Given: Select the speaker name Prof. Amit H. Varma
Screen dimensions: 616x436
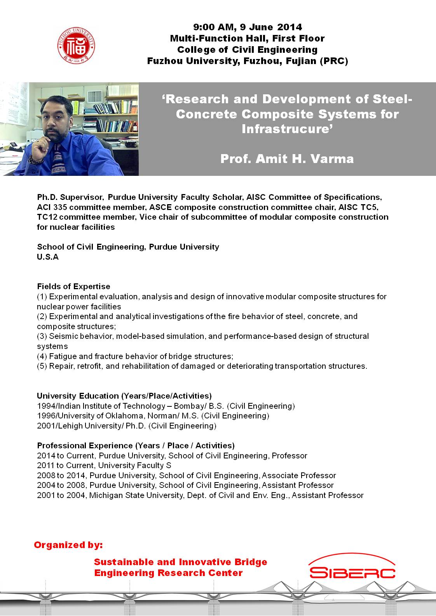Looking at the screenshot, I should point(287,159).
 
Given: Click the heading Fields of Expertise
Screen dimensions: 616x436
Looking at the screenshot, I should point(73,286).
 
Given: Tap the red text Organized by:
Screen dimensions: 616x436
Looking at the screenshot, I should point(68,545).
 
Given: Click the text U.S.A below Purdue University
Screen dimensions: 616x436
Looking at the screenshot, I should point(48,257).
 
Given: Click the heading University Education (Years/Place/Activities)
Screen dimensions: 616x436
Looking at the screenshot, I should point(124,396).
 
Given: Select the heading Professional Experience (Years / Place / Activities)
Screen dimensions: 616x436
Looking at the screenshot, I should point(136,446).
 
